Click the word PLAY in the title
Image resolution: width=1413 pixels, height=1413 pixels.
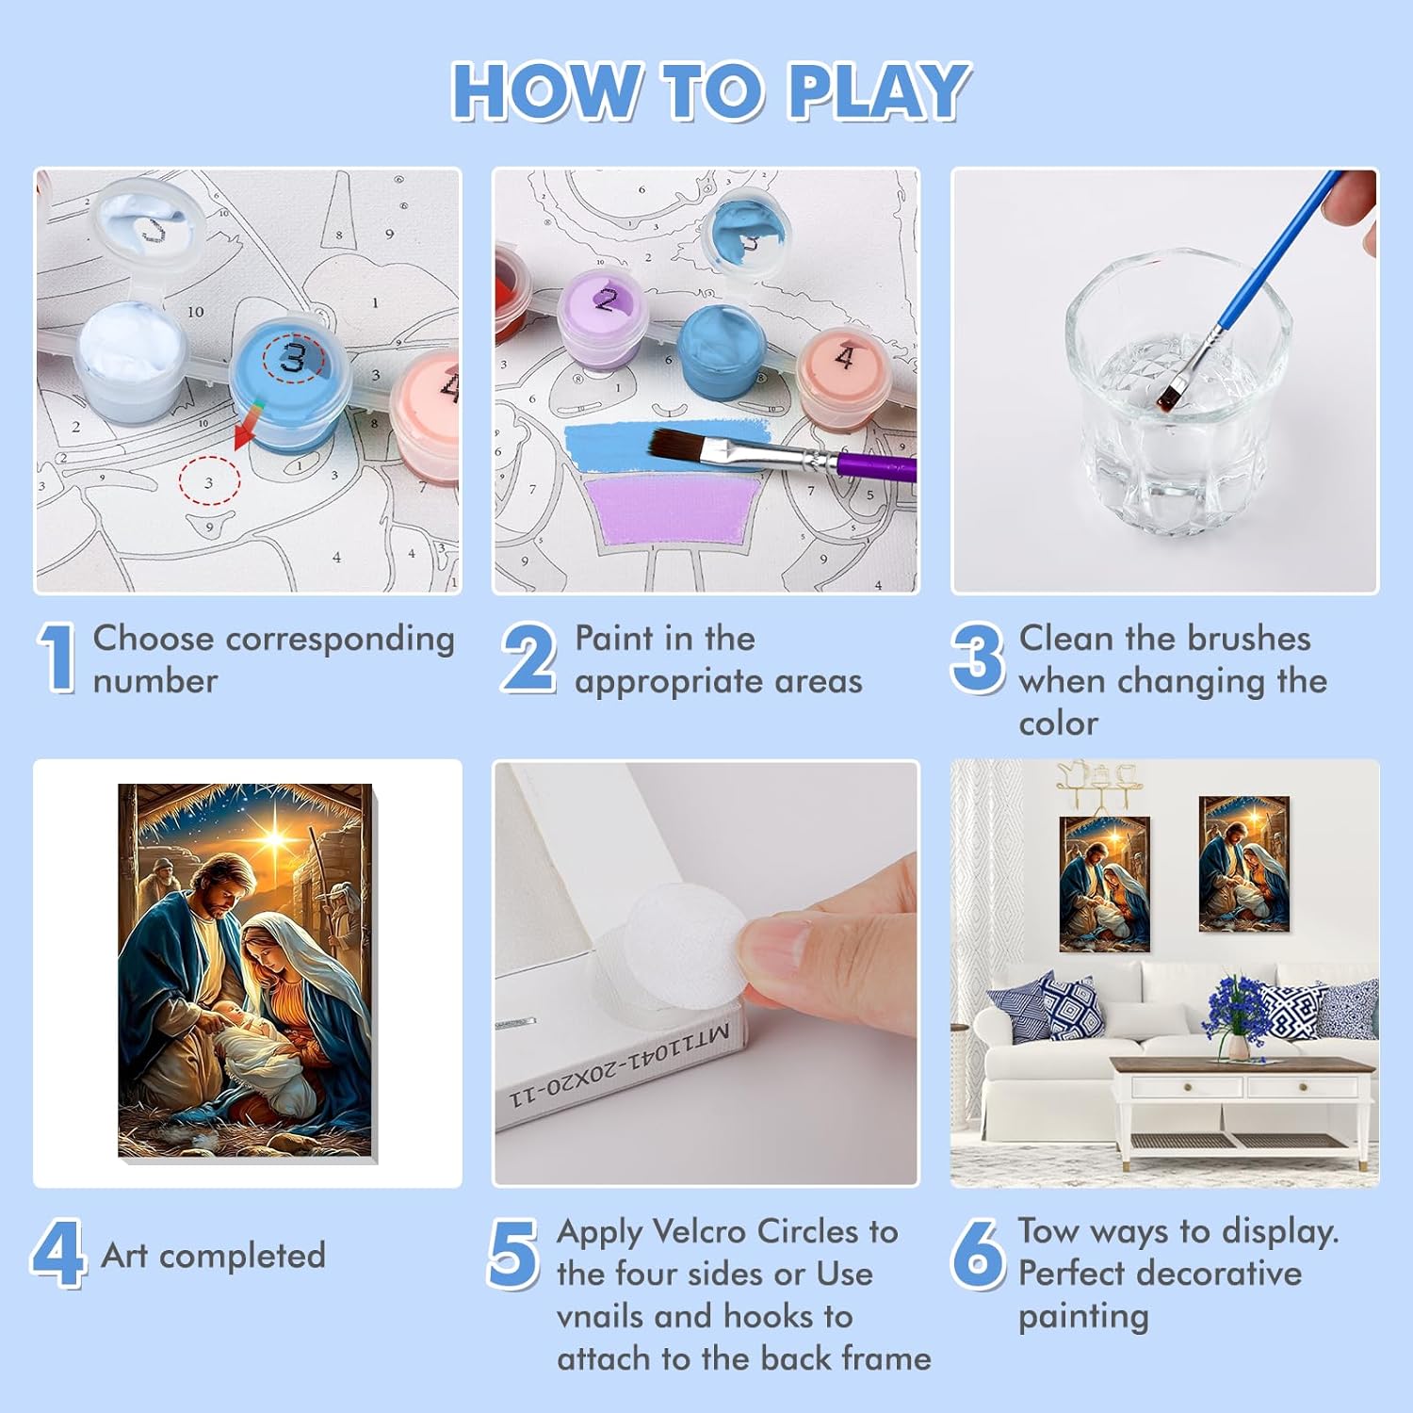point(877,91)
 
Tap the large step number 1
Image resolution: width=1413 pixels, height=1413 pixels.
point(57,658)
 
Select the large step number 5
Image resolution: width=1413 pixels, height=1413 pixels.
point(513,1253)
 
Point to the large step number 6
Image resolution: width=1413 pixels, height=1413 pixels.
point(978,1254)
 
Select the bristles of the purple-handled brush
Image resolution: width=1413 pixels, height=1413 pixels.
point(686,446)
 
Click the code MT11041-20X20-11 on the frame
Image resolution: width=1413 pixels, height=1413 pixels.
point(621,1066)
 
